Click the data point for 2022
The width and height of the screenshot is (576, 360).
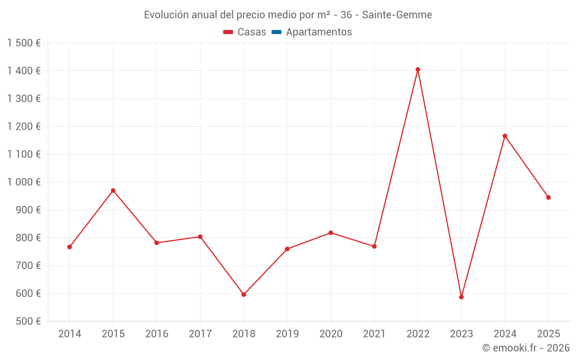tap(418, 70)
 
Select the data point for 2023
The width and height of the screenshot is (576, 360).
tap(461, 297)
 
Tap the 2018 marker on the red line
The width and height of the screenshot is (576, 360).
tap(244, 294)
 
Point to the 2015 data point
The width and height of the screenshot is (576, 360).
tap(113, 191)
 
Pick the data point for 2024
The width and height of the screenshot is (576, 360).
tap(505, 136)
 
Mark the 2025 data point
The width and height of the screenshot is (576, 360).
tap(548, 198)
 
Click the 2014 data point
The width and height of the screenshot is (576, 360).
tap(70, 247)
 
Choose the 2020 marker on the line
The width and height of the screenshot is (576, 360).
tap(331, 233)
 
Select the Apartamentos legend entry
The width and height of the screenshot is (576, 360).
tap(319, 32)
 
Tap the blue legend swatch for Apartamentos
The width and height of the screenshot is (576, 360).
tap(276, 32)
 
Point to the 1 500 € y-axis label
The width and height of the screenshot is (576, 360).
tap(24, 43)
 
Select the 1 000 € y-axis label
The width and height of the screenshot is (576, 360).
tap(24, 182)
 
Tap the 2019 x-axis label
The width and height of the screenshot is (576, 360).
tap(287, 334)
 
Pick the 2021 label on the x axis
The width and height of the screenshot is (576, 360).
tap(374, 334)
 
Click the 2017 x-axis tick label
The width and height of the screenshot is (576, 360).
tap(200, 334)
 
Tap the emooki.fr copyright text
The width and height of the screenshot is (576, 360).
tap(526, 348)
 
